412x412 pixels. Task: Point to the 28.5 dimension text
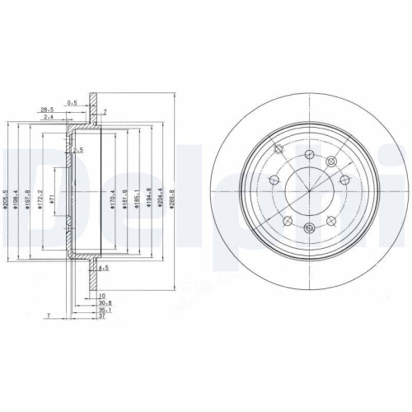tap(47, 109)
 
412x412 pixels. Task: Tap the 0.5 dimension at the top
tap(73, 102)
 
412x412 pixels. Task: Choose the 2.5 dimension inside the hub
tap(78, 152)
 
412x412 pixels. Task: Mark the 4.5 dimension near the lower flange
tap(103, 268)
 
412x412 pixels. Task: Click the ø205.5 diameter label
tap(6, 198)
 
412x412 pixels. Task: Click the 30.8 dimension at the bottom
tap(105, 304)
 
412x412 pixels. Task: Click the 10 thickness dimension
tap(102, 295)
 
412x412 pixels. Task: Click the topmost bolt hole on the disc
tap(309, 157)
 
